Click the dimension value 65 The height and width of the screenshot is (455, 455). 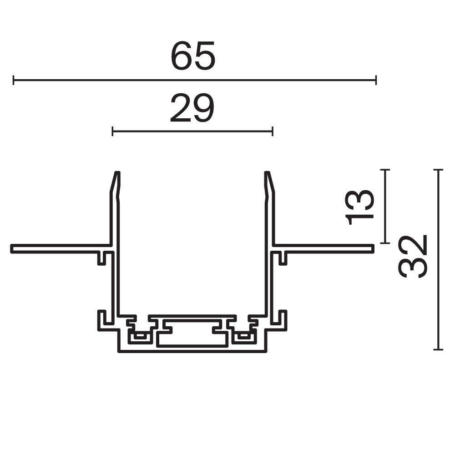pos(192,56)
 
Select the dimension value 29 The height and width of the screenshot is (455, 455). pos(192,109)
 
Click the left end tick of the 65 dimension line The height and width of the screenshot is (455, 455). pos(14,81)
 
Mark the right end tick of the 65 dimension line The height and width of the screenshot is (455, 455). pos(376,81)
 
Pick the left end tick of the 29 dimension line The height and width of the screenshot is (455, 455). pos(112,132)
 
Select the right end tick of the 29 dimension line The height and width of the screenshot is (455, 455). pos(272,132)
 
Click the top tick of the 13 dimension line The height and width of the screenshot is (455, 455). pos(385,170)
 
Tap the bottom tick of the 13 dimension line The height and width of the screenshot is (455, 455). pos(385,243)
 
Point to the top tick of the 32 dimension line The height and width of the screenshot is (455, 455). pos(438,170)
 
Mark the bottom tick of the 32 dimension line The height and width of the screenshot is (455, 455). pos(438,349)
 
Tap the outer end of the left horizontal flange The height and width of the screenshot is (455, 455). pos(12,248)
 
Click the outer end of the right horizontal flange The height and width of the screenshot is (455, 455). pos(373,248)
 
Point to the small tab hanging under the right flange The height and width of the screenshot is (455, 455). pos(283,258)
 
